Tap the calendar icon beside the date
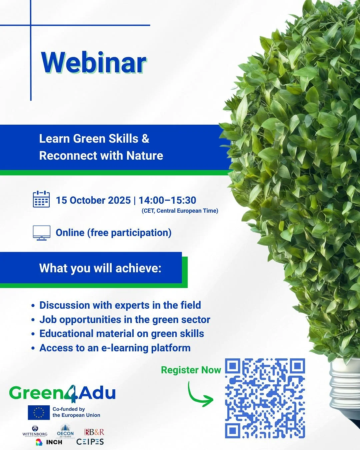point(41,199)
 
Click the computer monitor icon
point(42,233)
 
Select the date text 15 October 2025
point(93,200)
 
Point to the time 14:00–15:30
point(167,200)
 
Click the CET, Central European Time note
point(180,211)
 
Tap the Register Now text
point(191,370)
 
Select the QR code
point(265,398)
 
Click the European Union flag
point(39,412)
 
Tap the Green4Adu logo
point(62,393)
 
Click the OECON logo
point(65,431)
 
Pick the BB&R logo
point(94,432)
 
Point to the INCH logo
point(49,442)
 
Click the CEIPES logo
point(90,442)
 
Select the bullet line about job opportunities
point(125,320)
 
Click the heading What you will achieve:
point(100,268)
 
